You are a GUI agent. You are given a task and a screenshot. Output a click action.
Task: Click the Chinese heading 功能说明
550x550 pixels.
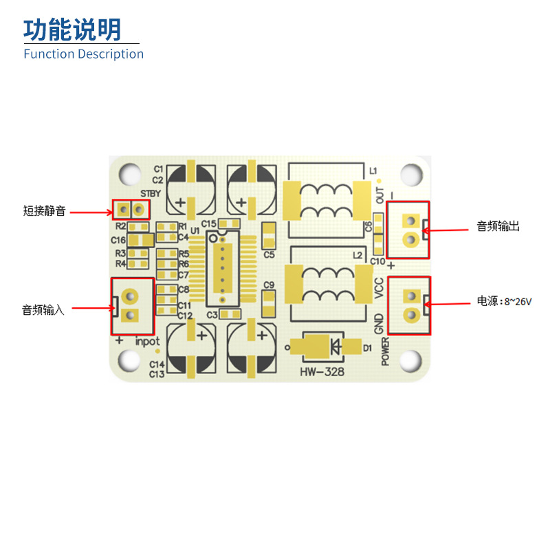72,30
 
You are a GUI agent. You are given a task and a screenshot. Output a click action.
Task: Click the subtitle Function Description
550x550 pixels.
83,54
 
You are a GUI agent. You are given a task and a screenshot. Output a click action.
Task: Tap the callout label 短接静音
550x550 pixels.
45,212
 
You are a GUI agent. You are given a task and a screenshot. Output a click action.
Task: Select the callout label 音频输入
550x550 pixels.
43,310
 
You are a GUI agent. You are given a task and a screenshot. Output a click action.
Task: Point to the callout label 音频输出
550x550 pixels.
498,226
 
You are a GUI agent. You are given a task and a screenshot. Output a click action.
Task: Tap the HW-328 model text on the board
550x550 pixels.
322,372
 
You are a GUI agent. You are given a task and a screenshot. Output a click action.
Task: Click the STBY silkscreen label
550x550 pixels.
150,193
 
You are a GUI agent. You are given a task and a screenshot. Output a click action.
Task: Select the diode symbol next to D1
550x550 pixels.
335,346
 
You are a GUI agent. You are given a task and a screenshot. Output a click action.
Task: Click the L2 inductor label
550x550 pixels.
357,255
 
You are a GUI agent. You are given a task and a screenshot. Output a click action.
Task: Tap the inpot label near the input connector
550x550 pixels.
147,341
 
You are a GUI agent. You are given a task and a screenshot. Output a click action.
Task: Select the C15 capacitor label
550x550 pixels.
209,223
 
